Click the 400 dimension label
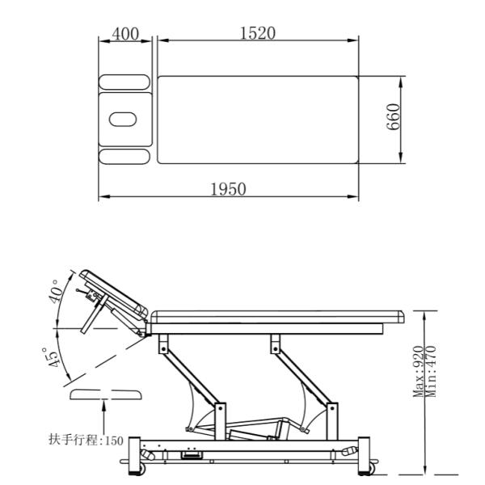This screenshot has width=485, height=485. (125, 34)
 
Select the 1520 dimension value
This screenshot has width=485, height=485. (258, 33)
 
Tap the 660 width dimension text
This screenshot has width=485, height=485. (393, 117)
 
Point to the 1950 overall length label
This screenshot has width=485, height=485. (228, 189)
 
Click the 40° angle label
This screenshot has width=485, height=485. (55, 291)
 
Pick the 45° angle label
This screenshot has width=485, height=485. (49, 358)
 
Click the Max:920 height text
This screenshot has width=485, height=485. (418, 372)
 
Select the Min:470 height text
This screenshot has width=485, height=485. (431, 372)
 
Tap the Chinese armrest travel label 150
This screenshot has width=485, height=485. (86, 440)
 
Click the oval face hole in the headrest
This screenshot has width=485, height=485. (123, 120)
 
